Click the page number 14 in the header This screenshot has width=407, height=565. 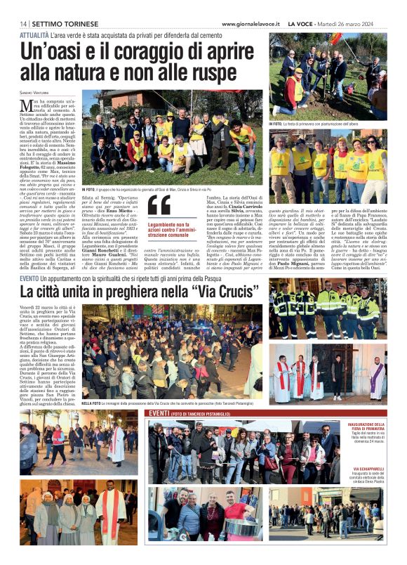tap(23, 25)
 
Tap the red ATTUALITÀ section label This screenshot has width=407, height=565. tap(34, 34)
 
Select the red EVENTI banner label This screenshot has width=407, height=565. tap(159, 414)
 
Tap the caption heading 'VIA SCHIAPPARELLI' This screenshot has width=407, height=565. tap(369, 469)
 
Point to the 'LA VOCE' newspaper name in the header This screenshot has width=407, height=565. tap(300, 25)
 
